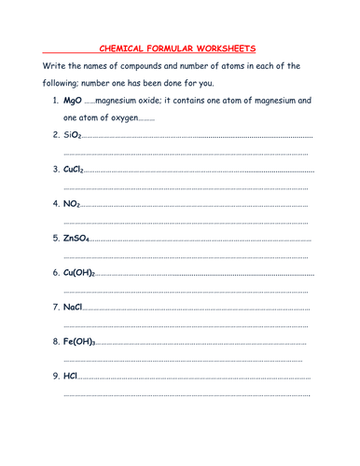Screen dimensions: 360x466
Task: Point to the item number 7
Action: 55,308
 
